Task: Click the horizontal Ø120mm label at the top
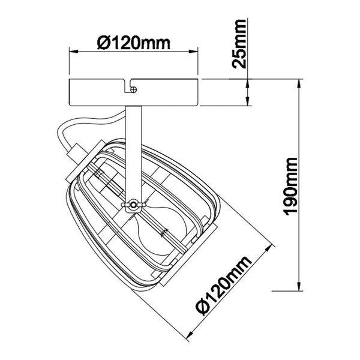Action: tap(134, 43)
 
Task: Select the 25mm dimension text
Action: tap(239, 44)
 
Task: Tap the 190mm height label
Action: tap(291, 187)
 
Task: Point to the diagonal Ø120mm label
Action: tap(223, 286)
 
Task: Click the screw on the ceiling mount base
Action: tap(133, 89)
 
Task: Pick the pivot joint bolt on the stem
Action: tap(133, 205)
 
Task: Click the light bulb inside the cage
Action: tap(161, 231)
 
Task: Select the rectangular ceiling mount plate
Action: tap(133, 92)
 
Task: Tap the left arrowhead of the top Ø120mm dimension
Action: tap(74, 52)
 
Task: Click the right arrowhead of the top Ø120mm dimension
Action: tap(193, 52)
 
